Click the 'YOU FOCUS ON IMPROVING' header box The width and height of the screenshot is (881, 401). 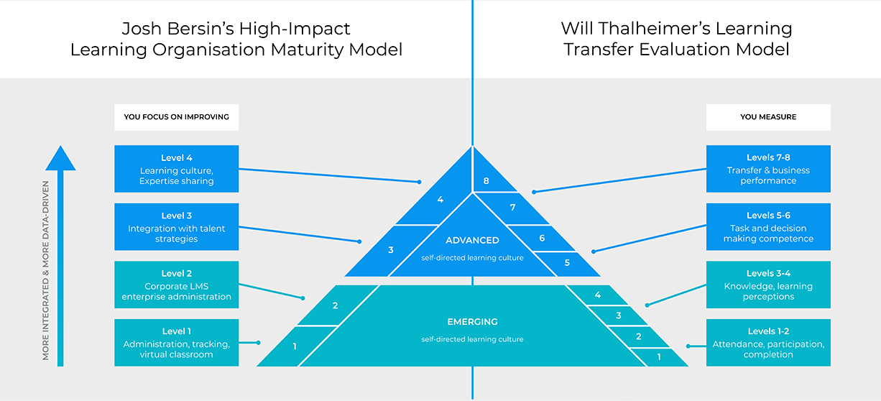pos(176,117)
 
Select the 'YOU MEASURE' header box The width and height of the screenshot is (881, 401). pos(768,117)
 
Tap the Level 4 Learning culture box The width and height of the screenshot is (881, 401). pos(176,169)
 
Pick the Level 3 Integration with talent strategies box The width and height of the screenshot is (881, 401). pos(176,226)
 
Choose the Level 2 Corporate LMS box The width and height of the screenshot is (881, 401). pos(176,285)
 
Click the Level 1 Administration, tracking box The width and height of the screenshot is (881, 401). pos(176,343)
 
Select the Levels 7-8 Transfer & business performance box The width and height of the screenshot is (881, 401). pos(768,169)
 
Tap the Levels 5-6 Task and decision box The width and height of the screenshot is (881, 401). pos(768,226)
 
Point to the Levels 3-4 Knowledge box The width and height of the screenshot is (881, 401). pos(768,285)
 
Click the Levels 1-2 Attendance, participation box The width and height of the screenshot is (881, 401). pos(768,343)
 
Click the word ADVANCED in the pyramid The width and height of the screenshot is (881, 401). pos(472,241)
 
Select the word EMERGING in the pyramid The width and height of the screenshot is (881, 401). pos(471,322)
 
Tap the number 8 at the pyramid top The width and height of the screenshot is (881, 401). pos(486,181)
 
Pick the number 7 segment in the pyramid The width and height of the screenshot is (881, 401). pos(513,208)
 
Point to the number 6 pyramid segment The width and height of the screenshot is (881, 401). pos(542,238)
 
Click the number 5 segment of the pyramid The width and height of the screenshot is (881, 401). pos(567,263)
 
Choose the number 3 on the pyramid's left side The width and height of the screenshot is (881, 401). pos(391,250)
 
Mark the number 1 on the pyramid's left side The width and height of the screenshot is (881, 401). pos(295,346)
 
